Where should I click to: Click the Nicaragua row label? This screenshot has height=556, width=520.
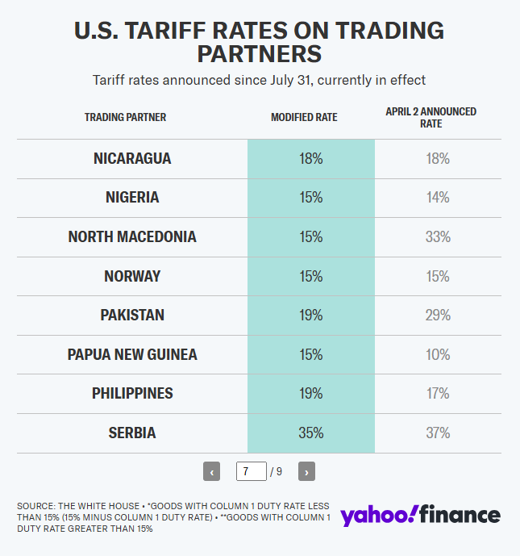[x=132, y=159]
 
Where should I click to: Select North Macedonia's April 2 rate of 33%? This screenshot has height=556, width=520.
[x=438, y=237]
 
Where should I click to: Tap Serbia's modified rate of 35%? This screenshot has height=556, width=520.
[x=310, y=433]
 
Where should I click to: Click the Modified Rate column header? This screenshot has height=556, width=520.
[x=304, y=118]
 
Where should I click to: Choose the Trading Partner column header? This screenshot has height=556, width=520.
[x=125, y=118]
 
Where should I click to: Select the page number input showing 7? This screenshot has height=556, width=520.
[x=251, y=471]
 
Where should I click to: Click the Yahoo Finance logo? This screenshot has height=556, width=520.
[x=420, y=515]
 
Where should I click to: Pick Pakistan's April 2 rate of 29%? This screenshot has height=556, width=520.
[x=438, y=316]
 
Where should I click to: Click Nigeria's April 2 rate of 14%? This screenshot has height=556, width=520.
[x=438, y=198]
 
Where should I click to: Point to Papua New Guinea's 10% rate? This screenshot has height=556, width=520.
[x=438, y=355]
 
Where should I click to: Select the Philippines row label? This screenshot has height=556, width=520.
[x=132, y=394]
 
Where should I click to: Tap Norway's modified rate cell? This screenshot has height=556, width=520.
[x=310, y=277]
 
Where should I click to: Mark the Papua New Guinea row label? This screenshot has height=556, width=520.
[x=132, y=355]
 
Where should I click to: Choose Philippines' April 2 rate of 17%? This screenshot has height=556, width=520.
[x=438, y=394]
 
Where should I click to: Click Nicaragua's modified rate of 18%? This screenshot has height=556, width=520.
[x=310, y=159]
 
